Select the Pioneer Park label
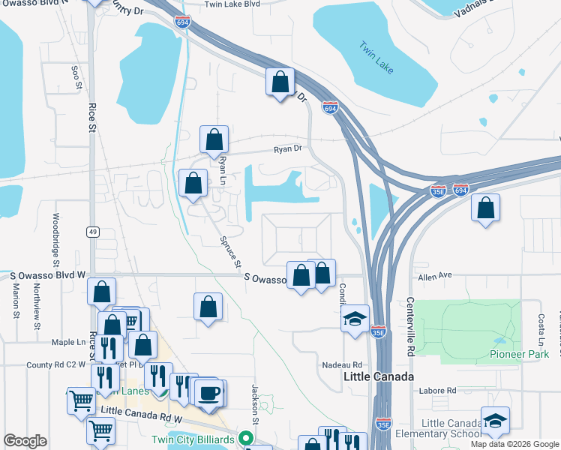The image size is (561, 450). [519, 354]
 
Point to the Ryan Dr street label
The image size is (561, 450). [287, 149]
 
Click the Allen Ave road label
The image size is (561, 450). [436, 276]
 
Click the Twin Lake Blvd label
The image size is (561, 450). [232, 4]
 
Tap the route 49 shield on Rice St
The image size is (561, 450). [92, 232]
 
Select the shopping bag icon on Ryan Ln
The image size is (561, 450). [214, 139]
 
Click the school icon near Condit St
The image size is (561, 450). [355, 318]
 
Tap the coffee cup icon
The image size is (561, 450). [209, 392]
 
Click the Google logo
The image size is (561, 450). [25, 441]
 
